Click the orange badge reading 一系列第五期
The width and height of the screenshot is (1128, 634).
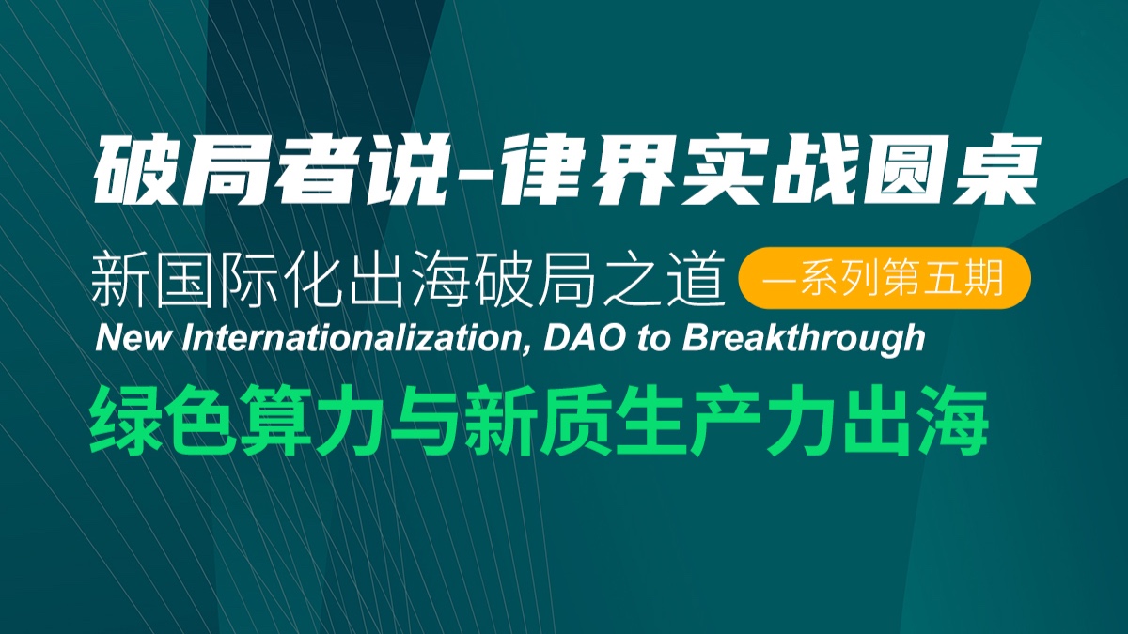[885, 278]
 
